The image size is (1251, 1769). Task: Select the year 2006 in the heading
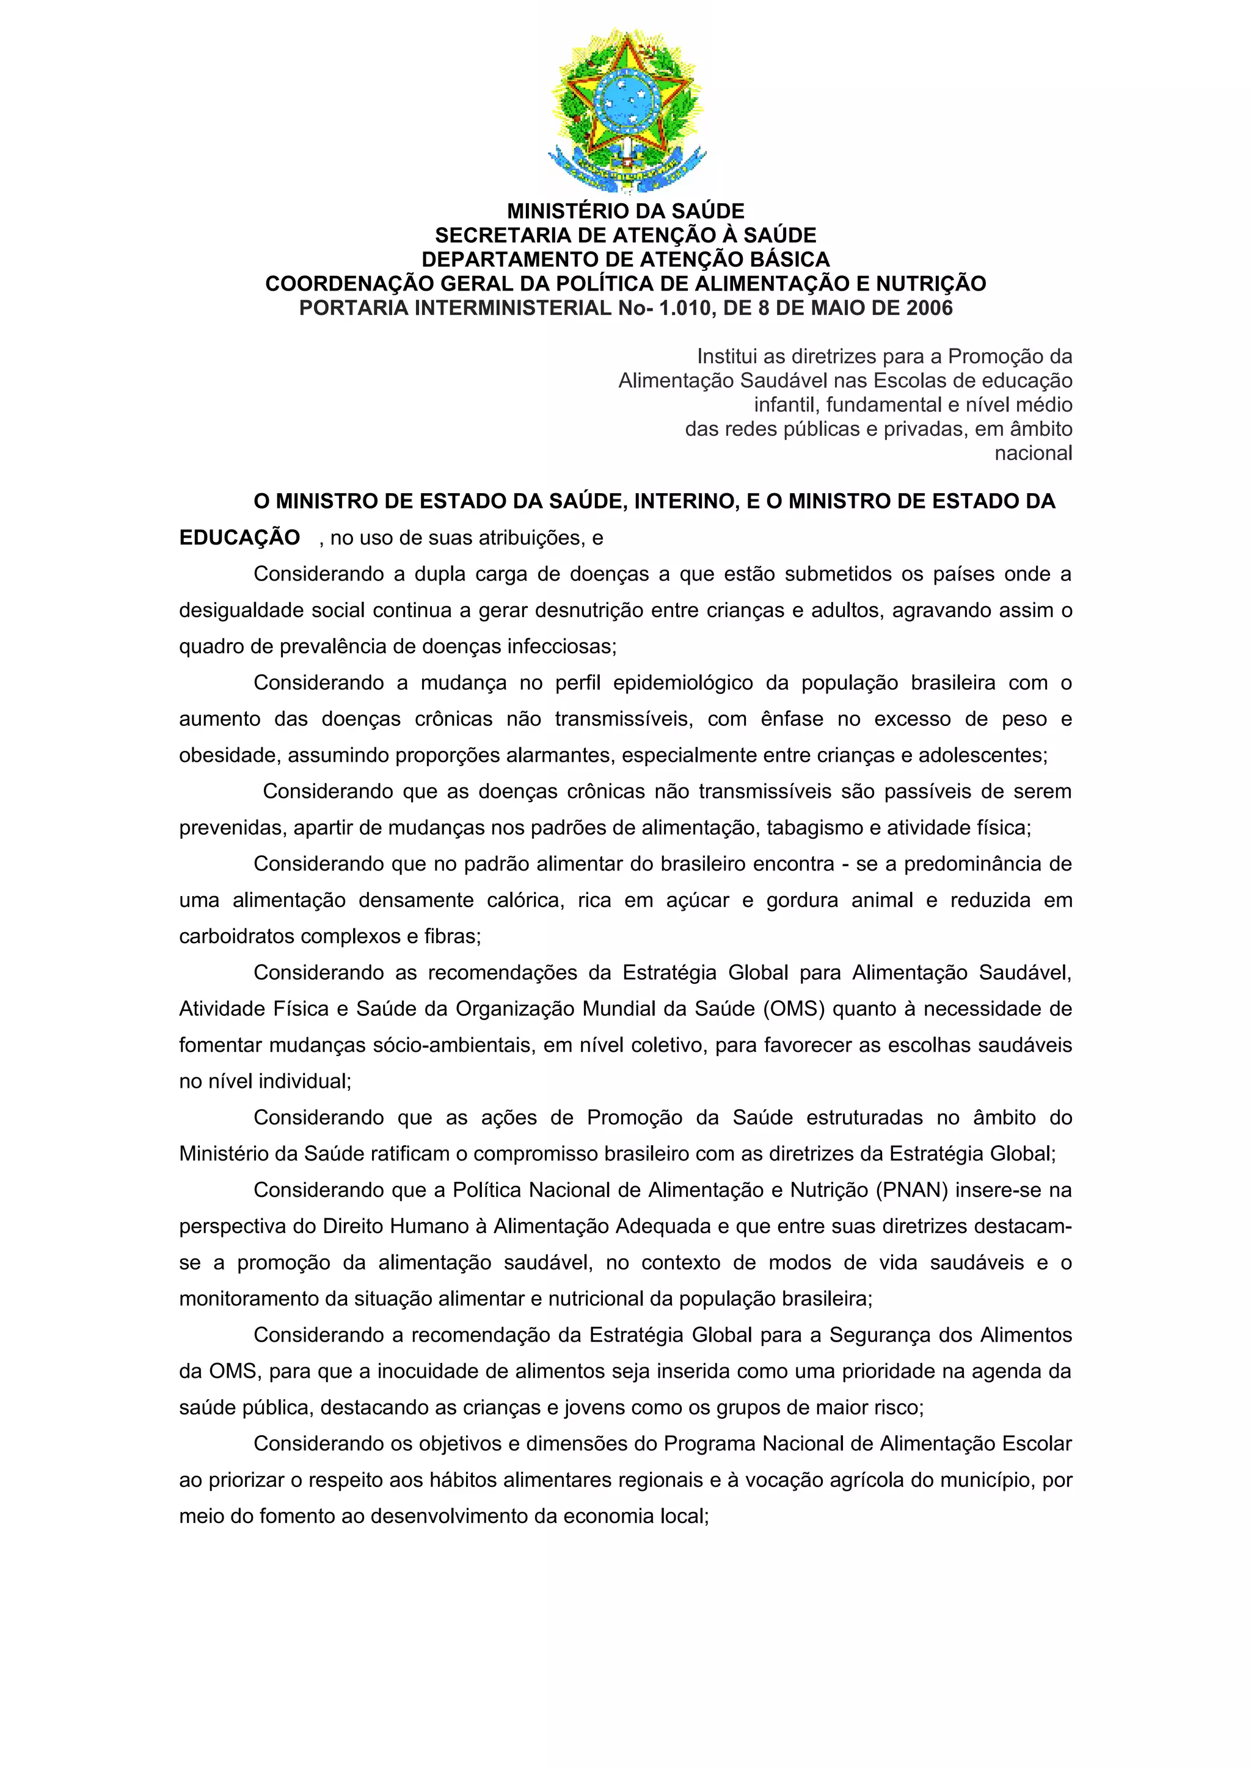pyautogui.click(x=929, y=308)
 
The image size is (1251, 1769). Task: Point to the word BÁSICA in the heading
pyautogui.click(x=790, y=259)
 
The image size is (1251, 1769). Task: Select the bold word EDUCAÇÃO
pyautogui.click(x=239, y=538)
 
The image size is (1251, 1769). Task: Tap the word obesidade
pyautogui.click(x=230, y=756)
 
